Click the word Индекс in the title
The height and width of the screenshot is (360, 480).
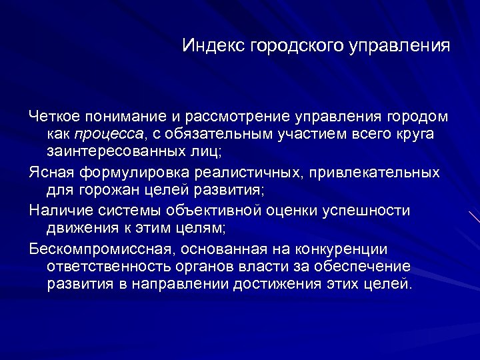pos(214,47)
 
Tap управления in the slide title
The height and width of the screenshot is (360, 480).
pos(398,47)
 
